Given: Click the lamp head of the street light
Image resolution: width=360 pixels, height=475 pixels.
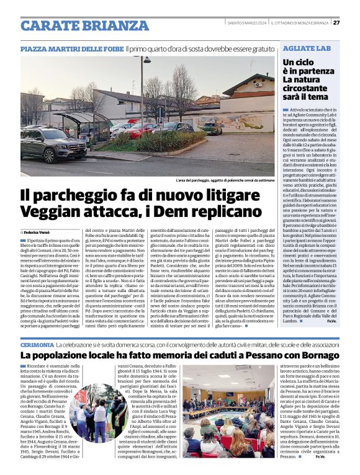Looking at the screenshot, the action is [x=146, y=60].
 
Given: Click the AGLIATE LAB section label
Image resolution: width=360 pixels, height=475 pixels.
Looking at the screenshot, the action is [x=307, y=48].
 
